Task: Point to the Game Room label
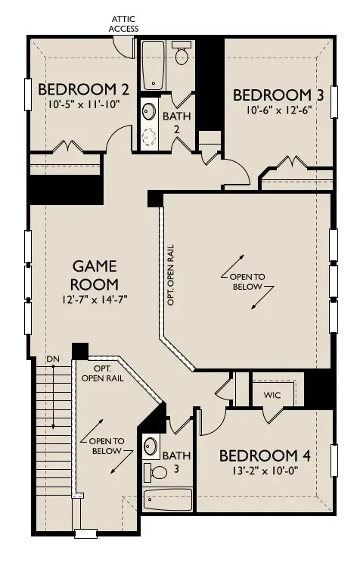(95, 275)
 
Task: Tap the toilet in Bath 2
(182, 54)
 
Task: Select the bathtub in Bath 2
(154, 65)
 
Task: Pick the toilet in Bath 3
(157, 472)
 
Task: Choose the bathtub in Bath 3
(168, 500)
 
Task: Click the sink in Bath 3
(151, 445)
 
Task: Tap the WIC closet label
(273, 395)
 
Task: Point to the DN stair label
(53, 358)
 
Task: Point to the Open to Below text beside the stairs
(106, 446)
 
